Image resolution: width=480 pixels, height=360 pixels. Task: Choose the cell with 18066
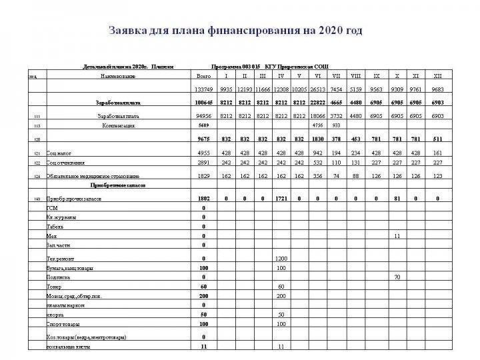pos(317,116)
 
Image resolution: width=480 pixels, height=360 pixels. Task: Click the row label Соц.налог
pos(59,153)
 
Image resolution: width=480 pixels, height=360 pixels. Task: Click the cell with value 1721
pos(281,199)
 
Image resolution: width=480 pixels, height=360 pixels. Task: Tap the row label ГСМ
pos(51,208)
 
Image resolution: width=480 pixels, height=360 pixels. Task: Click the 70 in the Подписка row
pos(397,276)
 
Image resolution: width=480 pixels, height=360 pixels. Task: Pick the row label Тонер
pos(53,285)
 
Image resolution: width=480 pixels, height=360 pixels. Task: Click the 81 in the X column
pos(397,199)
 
